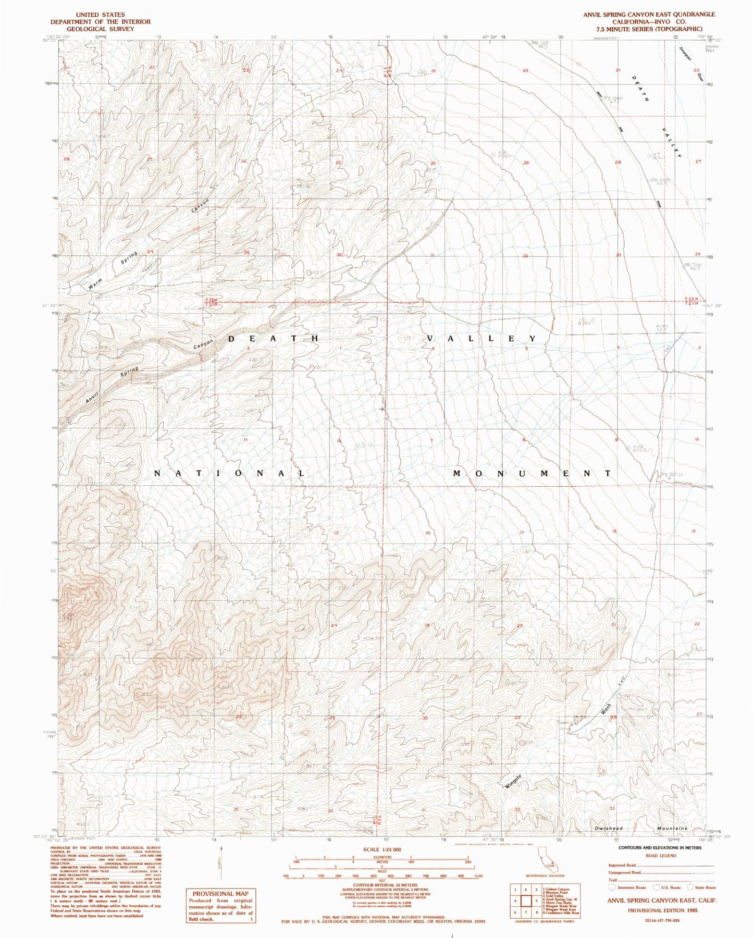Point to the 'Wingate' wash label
coord(514,781)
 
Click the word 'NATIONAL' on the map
coord(229,474)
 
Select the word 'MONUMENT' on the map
coord(531,474)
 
